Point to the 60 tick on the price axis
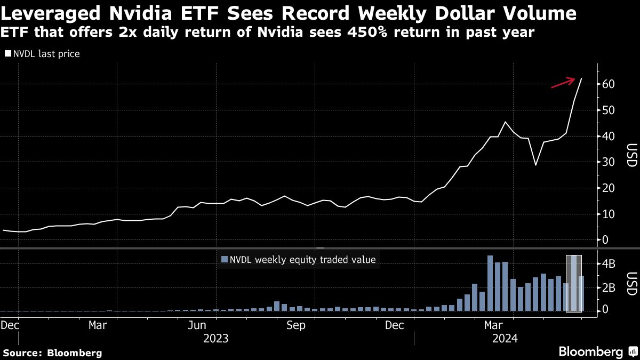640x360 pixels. (609, 84)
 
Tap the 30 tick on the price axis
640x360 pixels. (609, 162)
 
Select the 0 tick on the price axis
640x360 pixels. (606, 240)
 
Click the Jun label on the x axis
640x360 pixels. (198, 325)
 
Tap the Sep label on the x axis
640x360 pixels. (295, 325)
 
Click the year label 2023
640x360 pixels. (215, 338)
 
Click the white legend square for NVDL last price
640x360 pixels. (8, 54)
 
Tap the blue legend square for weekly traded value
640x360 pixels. (224, 260)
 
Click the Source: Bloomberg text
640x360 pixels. (52, 353)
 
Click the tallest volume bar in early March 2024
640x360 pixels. (490, 283)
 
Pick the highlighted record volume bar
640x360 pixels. (573, 283)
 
